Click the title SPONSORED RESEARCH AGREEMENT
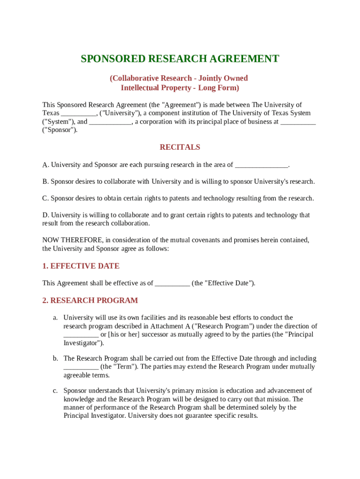coord(180,59)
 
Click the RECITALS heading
coord(180,147)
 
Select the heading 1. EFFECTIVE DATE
coord(81,266)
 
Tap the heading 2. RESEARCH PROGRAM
coord(90,301)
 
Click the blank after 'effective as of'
coord(172,283)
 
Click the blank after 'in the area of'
coord(261,165)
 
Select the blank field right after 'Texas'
coord(78,114)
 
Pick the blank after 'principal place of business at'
coord(298,122)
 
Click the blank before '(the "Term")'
coord(81,367)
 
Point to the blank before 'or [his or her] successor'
coord(81,335)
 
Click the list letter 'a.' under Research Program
coord(55,318)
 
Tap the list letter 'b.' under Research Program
coord(55,359)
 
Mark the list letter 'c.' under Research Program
coord(55,391)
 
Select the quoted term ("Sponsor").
coord(60,131)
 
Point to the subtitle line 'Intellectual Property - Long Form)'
coord(180,88)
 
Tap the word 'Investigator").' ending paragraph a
coord(84,343)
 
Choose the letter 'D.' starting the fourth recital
coord(45,215)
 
